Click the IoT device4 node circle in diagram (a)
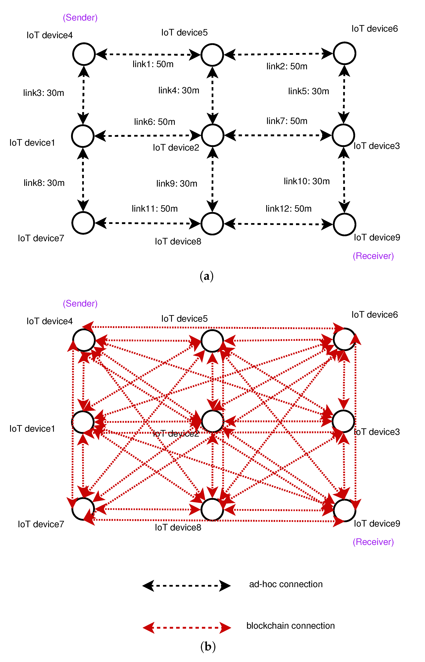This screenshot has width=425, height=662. click(x=84, y=54)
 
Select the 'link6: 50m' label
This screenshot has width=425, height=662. click(x=155, y=122)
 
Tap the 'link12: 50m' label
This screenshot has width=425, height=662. click(x=288, y=208)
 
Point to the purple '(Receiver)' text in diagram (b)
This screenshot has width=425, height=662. click(x=373, y=542)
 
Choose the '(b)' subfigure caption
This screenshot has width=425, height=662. click(x=208, y=646)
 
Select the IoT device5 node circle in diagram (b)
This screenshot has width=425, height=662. click(x=212, y=341)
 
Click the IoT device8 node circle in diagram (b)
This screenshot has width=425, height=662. click(x=212, y=510)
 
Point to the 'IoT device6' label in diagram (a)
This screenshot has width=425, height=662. click(x=374, y=29)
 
